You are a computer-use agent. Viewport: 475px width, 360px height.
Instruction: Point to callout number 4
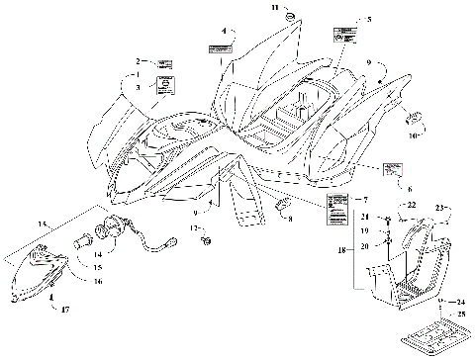(x=225, y=31)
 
